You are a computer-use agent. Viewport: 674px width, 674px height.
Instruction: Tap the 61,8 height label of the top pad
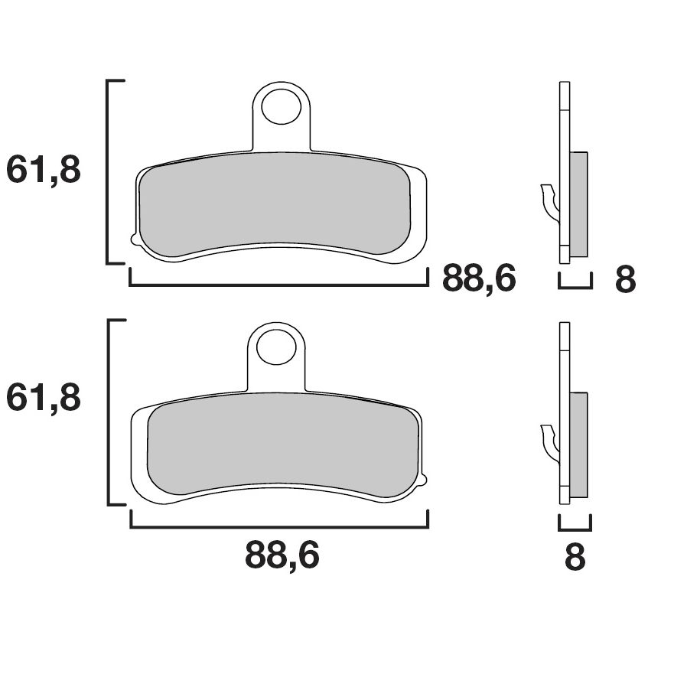[44, 170]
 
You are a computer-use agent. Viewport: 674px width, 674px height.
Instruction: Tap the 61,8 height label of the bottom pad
[44, 398]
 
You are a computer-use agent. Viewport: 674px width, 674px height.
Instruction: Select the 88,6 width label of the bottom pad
[282, 556]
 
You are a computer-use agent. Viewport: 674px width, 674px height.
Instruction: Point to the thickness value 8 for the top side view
[625, 281]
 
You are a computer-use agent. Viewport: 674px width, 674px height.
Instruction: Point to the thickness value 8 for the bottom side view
[574, 558]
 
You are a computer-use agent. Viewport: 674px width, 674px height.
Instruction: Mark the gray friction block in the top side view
[579, 204]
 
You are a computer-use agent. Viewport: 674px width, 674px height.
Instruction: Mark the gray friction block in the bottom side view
[579, 443]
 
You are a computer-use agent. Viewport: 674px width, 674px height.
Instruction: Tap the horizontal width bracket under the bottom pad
[279, 526]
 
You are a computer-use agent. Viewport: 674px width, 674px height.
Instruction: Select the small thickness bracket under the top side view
[575, 287]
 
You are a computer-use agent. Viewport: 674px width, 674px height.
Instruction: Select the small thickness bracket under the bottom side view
[575, 528]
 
